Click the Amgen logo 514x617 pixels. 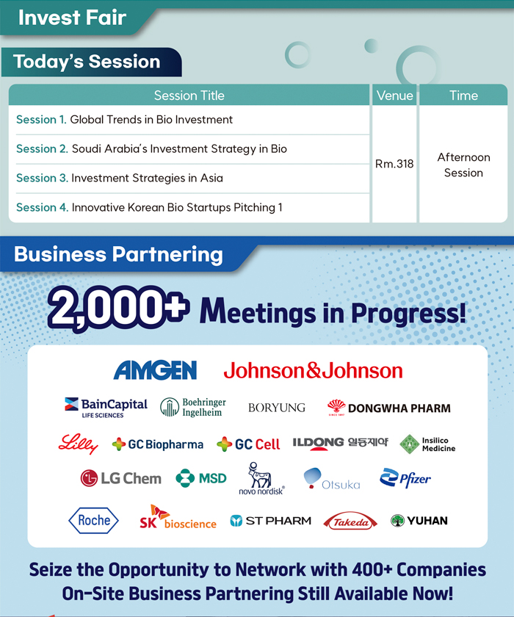tap(155, 370)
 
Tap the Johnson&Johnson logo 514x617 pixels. tap(313, 370)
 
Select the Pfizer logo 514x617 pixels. tap(405, 478)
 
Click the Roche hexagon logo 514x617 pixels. tap(93, 520)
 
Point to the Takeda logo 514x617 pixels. tap(350, 521)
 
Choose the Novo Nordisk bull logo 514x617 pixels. tap(261, 478)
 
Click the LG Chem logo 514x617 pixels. tap(120, 478)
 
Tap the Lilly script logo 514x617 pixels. tap(78, 444)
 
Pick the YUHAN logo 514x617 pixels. tap(419, 521)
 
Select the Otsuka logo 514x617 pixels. tap(332, 478)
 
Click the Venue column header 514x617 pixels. tap(394, 95)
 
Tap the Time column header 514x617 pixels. tap(463, 95)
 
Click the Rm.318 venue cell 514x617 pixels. tap(394, 164)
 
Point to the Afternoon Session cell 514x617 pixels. tap(463, 165)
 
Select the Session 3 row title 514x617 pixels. tap(120, 178)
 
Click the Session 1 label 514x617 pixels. tap(41, 120)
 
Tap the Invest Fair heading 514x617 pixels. tap(72, 18)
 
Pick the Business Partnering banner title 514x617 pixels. tap(118, 254)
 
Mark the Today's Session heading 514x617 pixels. tap(87, 62)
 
